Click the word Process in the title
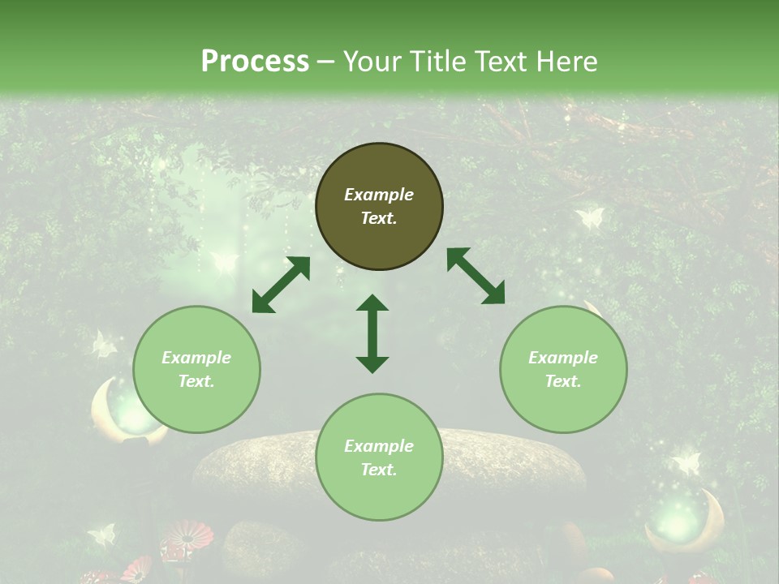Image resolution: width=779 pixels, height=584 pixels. point(255,61)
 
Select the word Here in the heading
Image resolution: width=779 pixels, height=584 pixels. point(566,61)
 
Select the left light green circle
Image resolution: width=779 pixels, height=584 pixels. point(196,369)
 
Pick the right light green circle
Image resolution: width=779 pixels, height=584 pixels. point(563,369)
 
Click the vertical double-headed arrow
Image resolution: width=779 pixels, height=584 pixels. point(372,333)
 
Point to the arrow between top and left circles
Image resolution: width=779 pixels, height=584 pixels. point(281,285)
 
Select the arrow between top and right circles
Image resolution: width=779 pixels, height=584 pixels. point(476,276)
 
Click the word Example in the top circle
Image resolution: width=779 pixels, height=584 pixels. point(379,195)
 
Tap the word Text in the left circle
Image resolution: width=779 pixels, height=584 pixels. point(196,381)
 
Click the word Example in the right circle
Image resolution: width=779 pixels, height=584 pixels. point(563,358)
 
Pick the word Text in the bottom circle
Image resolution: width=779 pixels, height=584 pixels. point(379,470)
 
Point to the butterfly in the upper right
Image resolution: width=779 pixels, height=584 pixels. point(590,217)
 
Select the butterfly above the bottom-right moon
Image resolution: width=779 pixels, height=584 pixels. point(686,463)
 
